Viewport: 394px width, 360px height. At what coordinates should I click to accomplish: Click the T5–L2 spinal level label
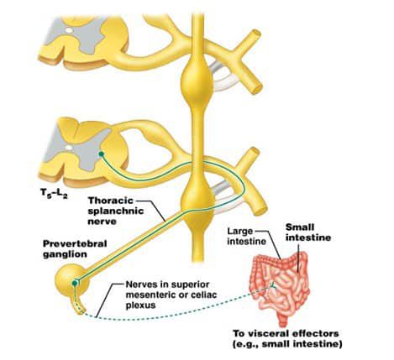(x=54, y=193)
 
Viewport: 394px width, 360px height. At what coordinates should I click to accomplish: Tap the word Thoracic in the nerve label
(x=111, y=201)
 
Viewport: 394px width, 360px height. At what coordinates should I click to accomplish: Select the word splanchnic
(x=116, y=211)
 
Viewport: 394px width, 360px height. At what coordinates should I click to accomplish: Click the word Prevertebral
(x=75, y=243)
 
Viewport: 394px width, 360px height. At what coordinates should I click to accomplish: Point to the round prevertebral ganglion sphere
(x=72, y=279)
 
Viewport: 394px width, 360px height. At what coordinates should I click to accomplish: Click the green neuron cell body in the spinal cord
(x=102, y=154)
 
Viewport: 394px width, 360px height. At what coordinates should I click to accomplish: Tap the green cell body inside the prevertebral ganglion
(x=75, y=284)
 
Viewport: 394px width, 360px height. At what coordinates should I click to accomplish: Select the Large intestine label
(x=246, y=237)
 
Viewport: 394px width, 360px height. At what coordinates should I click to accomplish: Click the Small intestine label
(x=308, y=232)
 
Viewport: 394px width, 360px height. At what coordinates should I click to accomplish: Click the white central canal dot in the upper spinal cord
(x=69, y=29)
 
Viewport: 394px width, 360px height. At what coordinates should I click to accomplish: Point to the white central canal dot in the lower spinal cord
(x=69, y=147)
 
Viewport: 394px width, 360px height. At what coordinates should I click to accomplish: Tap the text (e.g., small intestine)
(x=287, y=344)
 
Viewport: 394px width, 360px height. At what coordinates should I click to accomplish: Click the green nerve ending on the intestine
(x=272, y=286)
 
